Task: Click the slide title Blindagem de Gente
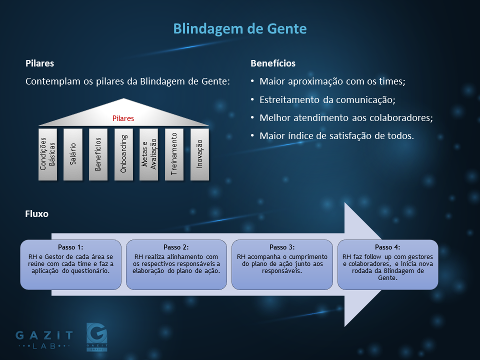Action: click(239, 29)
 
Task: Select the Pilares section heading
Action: click(40, 63)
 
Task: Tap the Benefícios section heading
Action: click(273, 63)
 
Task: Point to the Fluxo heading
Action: click(36, 213)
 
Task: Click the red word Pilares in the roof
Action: click(123, 118)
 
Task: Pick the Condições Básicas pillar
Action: click(48, 154)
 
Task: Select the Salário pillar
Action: click(73, 154)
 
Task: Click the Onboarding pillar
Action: click(123, 154)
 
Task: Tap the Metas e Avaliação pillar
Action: click(149, 154)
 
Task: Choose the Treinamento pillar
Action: click(174, 154)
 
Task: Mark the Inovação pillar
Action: click(199, 154)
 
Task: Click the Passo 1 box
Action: click(70, 264)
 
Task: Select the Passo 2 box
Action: click(176, 264)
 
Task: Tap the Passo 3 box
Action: click(282, 264)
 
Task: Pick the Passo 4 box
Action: click(388, 264)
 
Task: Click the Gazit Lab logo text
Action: click(44, 339)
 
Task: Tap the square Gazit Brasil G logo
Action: click(96, 336)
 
